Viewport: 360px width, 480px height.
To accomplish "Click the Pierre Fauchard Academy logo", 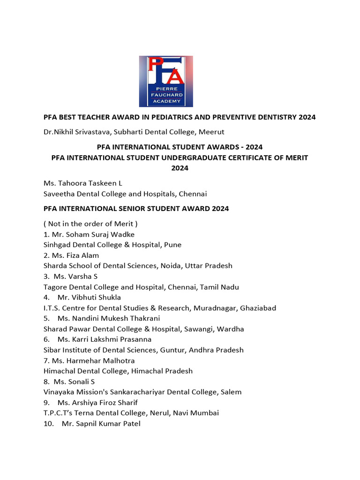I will point(165,82).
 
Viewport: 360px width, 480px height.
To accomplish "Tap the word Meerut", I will point(211,132).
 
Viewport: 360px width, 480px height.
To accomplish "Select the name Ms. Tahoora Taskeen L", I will point(82,183).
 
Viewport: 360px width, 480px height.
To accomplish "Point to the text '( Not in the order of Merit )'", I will point(90,224).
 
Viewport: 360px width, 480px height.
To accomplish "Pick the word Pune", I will point(172,245).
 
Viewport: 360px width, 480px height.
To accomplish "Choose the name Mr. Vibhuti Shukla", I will point(89,297).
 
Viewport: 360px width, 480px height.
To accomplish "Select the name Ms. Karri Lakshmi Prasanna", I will point(105,339).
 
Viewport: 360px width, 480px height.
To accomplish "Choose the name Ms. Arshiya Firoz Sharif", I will point(102,403).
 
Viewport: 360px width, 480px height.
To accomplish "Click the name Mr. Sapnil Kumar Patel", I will point(101,424).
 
